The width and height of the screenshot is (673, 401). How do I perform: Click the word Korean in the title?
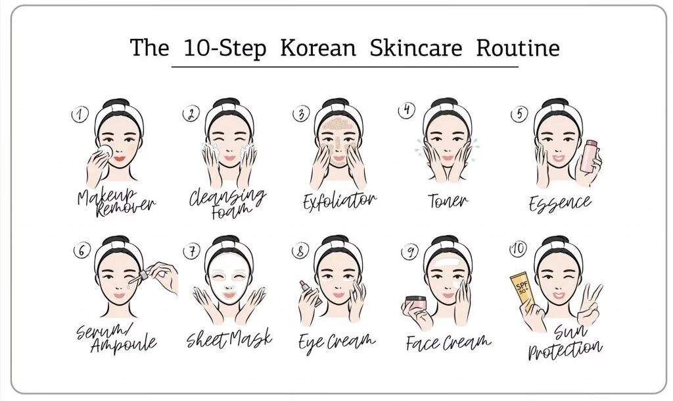point(318,47)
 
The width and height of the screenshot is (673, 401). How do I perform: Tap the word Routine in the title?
point(518,47)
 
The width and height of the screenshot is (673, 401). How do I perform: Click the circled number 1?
point(80,115)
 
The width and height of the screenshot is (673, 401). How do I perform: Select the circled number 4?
point(406,110)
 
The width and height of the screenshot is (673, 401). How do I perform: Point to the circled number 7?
point(191,251)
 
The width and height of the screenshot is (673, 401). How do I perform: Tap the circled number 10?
point(518,249)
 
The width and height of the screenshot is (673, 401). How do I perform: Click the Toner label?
point(448,201)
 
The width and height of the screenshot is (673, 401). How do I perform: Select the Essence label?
point(560,203)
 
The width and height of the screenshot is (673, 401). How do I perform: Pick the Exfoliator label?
point(340,201)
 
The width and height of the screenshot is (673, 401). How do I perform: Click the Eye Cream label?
point(337,342)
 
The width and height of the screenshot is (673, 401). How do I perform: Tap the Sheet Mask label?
point(229,338)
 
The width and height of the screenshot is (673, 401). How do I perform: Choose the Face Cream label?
point(448,342)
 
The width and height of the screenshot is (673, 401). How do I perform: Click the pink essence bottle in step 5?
point(590,156)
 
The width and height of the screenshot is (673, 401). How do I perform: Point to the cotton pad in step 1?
point(105,151)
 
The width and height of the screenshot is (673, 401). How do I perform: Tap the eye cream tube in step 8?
point(310,293)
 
